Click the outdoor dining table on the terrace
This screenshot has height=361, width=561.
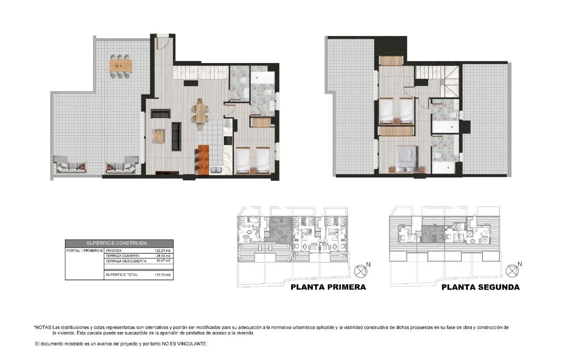click(121, 66)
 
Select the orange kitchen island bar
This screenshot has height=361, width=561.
click(203, 160)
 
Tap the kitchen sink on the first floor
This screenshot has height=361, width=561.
click(216, 170)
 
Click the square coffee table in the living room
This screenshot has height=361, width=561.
click(159, 136)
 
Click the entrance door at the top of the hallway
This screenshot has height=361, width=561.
click(162, 43)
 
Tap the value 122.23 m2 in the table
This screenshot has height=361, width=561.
click(163, 251)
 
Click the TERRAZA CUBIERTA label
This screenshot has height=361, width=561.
click(122, 256)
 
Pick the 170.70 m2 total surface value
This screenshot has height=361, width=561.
click(163, 275)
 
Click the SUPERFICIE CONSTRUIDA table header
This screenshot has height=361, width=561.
click(119, 243)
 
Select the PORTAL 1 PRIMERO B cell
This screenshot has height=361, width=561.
click(85, 251)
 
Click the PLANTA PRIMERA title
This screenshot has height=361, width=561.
click(328, 287)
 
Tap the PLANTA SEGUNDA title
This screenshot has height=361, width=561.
click(480, 287)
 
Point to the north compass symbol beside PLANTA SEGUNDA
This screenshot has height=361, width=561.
click(512, 271)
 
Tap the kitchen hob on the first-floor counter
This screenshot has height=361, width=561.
click(228, 141)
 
